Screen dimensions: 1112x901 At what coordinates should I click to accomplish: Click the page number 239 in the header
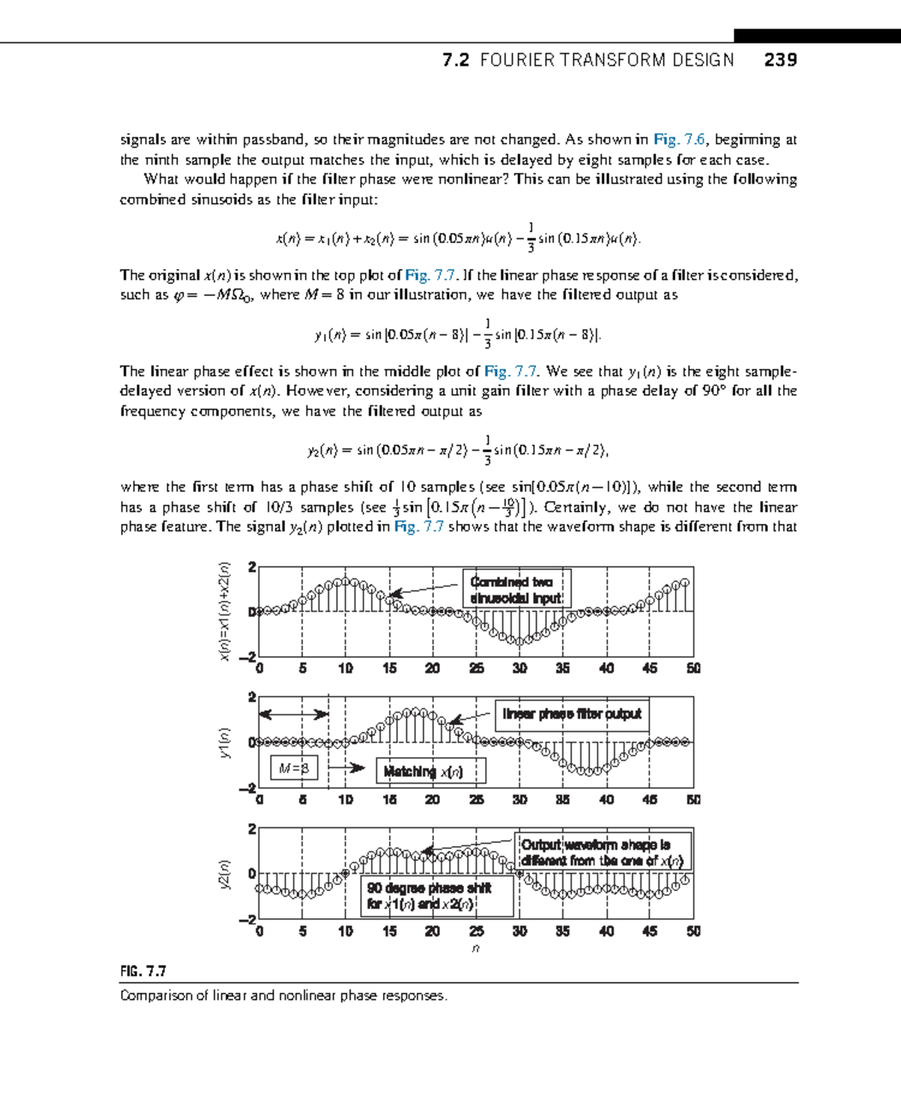(x=780, y=60)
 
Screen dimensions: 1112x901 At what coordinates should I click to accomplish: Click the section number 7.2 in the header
(x=456, y=60)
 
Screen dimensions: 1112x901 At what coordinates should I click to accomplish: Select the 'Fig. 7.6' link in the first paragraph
(x=679, y=139)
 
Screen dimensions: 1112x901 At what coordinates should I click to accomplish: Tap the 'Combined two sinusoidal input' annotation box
(x=516, y=590)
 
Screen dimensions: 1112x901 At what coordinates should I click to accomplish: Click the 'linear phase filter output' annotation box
(x=571, y=714)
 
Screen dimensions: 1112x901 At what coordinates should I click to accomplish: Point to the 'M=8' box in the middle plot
(x=294, y=768)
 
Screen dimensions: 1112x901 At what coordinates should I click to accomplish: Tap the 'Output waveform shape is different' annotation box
(x=603, y=853)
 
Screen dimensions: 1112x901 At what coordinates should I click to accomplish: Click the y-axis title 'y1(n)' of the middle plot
(x=224, y=742)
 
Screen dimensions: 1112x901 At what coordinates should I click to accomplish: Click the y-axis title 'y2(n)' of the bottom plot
(x=224, y=875)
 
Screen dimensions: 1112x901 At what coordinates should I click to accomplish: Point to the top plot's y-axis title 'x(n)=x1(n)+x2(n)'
(x=224, y=612)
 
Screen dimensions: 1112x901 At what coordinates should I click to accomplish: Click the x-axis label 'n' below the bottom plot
(x=475, y=949)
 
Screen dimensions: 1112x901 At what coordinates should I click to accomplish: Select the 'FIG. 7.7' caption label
(x=143, y=971)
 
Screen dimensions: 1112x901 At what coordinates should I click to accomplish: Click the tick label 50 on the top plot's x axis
(x=693, y=668)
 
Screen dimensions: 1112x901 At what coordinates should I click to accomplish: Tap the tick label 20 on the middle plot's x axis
(x=432, y=799)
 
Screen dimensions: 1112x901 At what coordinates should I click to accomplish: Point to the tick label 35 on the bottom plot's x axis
(x=562, y=931)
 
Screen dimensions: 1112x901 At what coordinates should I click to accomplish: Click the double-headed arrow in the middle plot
(x=294, y=714)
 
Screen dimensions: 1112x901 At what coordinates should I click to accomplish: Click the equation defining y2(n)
(x=458, y=450)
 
